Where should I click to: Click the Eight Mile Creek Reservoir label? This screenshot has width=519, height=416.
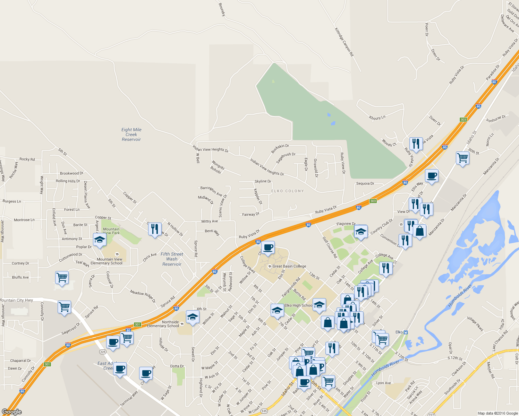131,135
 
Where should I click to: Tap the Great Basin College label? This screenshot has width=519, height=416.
289,266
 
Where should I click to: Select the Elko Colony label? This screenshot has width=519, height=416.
287,191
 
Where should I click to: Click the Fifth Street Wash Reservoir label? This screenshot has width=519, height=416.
172,259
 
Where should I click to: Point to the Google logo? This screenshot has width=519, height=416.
12,411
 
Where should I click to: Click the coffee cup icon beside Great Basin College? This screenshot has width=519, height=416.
268,248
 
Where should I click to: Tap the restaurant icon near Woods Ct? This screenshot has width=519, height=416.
416,144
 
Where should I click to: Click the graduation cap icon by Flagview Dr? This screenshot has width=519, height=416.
360,231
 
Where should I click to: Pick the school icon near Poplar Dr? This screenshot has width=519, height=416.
100,240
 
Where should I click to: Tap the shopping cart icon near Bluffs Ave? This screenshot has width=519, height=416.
62,277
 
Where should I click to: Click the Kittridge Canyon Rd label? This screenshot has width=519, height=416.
344,42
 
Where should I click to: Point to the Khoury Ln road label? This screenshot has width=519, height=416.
377,118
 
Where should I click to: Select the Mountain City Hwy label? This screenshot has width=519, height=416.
17,300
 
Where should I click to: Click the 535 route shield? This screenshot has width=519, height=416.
264,411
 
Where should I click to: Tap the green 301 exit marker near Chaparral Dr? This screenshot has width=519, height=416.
47,364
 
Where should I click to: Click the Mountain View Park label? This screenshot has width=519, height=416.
111,231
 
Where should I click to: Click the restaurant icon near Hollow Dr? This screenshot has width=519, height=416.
155,229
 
